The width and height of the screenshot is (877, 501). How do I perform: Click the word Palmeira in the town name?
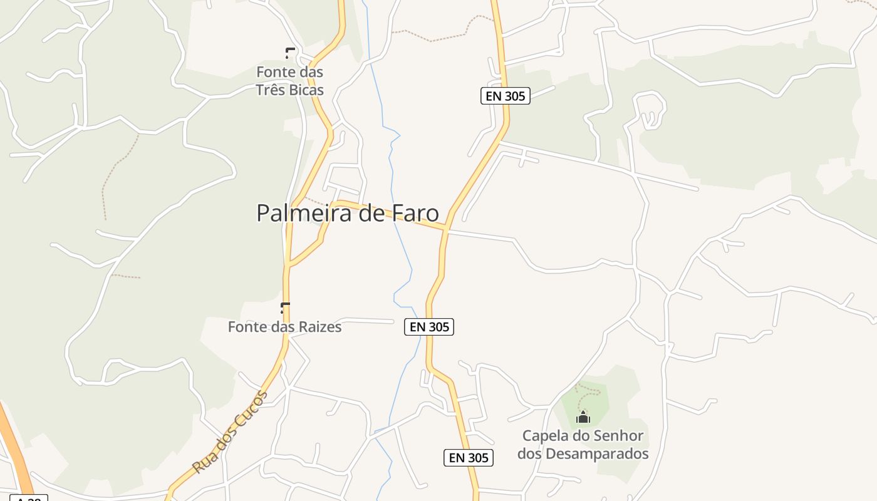point(297,214)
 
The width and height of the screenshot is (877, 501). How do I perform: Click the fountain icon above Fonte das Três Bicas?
point(289,53)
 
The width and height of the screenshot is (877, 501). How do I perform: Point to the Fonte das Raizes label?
point(284,327)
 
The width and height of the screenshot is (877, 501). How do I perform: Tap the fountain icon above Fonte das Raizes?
point(285,307)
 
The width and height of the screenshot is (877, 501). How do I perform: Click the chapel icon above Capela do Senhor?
point(583,416)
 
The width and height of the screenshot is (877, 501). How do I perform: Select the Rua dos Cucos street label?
point(230,431)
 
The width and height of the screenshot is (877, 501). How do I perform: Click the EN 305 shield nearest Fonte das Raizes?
point(429,327)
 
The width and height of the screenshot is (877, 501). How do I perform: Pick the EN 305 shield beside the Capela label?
point(469,458)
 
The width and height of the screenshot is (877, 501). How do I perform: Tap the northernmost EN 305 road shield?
point(506,96)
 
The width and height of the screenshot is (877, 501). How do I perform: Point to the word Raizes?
point(319,327)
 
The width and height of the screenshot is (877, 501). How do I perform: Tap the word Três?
point(269,90)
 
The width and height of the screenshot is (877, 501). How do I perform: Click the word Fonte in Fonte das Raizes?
point(245,327)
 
